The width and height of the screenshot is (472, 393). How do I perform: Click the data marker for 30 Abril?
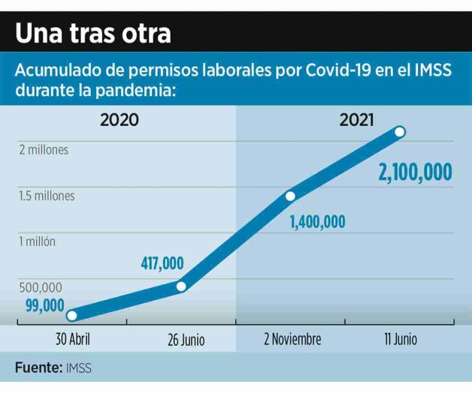71,316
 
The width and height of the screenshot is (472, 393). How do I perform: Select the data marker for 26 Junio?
181,286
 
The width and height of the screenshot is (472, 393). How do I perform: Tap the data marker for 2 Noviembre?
290,196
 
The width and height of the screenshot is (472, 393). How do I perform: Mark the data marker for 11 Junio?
400,132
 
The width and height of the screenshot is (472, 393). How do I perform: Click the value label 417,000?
162,263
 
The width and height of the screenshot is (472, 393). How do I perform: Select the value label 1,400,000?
317,221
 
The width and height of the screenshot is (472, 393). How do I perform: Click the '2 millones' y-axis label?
44,150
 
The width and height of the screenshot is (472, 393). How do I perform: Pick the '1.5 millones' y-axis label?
47,196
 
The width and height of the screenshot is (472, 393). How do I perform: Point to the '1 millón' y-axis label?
38,241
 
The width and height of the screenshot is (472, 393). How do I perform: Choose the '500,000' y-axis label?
41,287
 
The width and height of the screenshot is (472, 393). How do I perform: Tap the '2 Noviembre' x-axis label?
292,340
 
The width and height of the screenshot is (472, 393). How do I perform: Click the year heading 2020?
120,119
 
